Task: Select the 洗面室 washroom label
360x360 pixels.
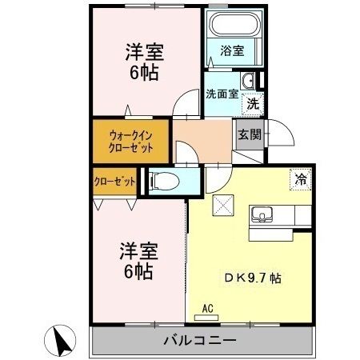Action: (x=221, y=94)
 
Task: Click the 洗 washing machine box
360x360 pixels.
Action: (x=252, y=102)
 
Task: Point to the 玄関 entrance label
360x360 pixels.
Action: (x=245, y=134)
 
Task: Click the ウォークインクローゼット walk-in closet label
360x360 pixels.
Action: (x=129, y=142)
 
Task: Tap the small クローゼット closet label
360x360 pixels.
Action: (x=114, y=182)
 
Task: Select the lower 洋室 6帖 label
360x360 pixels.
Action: (x=138, y=260)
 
